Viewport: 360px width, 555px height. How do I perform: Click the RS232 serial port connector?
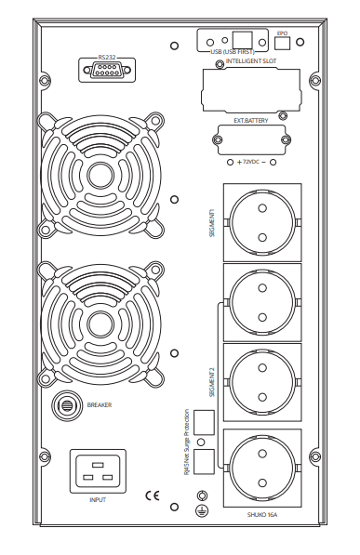tap(107, 70)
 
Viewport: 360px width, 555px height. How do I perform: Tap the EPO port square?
tap(283, 43)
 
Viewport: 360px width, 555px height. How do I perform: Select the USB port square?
tap(243, 40)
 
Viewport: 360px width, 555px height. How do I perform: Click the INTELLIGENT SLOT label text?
tap(251, 60)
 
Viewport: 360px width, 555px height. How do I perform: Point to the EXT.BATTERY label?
tap(251, 121)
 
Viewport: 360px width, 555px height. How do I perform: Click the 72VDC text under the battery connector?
tap(251, 162)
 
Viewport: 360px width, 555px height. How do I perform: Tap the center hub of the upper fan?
tap(101, 175)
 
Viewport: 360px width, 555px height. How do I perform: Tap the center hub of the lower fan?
tap(101, 325)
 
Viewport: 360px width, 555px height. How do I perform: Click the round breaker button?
tap(66, 405)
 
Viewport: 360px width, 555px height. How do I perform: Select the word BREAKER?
tap(100, 405)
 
